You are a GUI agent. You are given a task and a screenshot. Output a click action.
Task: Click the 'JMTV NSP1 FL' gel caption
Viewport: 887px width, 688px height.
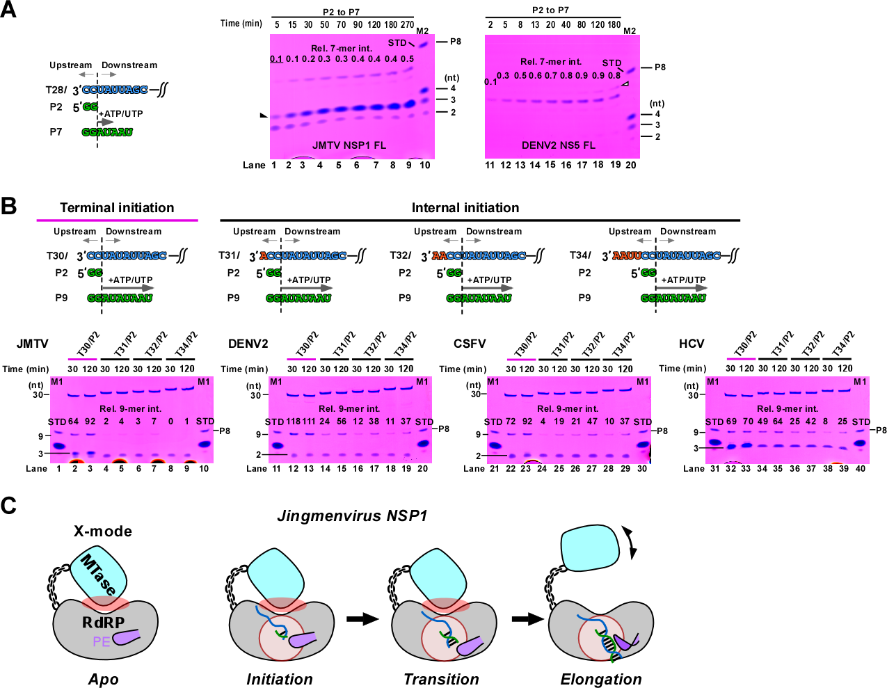[349, 145]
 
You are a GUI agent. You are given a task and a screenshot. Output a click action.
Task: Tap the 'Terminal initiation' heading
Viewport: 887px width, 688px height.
[117, 208]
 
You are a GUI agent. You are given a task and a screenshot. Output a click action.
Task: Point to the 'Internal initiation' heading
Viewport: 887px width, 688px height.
[465, 208]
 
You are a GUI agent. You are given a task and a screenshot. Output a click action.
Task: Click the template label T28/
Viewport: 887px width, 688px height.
[56, 90]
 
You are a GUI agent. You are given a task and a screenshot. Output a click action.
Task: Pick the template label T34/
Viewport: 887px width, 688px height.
[580, 255]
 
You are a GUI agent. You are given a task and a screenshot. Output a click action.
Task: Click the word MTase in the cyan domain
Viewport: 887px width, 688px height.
[98, 574]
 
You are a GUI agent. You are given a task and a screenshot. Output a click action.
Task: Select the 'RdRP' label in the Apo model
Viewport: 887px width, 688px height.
[103, 623]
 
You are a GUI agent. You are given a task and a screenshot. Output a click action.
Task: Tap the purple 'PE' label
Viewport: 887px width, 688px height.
[102, 641]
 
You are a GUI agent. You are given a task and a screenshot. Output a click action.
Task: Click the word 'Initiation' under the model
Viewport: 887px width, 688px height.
[280, 680]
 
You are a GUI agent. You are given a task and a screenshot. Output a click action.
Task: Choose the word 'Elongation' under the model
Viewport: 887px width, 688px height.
[601, 680]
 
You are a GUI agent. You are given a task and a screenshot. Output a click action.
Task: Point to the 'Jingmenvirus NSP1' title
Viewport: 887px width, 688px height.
[352, 516]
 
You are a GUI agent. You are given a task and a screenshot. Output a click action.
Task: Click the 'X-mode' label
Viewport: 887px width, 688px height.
[103, 531]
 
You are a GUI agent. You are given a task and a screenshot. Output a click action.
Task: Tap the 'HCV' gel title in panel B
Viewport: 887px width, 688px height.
[692, 344]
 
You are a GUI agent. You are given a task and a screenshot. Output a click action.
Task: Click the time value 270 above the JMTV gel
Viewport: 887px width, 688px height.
[407, 25]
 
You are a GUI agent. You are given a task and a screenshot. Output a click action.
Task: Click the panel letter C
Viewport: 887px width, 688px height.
[8, 506]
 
